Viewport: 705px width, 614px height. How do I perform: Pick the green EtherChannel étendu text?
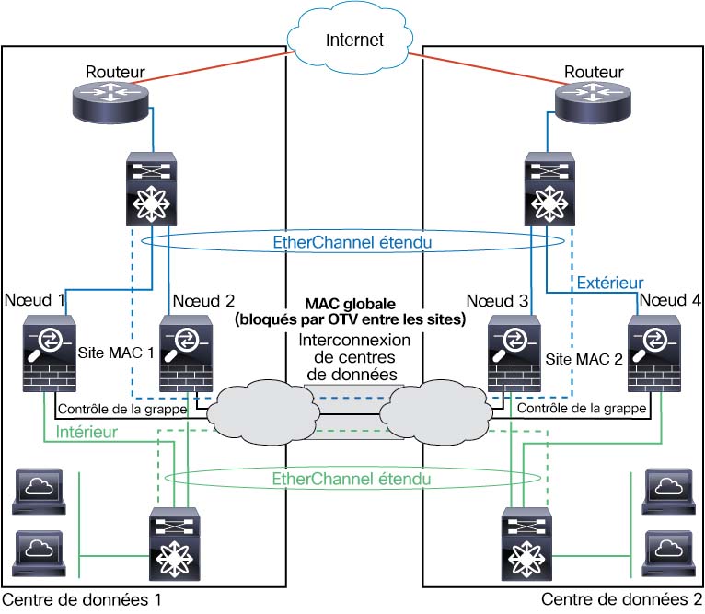tap(352, 479)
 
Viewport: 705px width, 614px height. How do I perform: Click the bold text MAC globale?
tap(352, 303)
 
